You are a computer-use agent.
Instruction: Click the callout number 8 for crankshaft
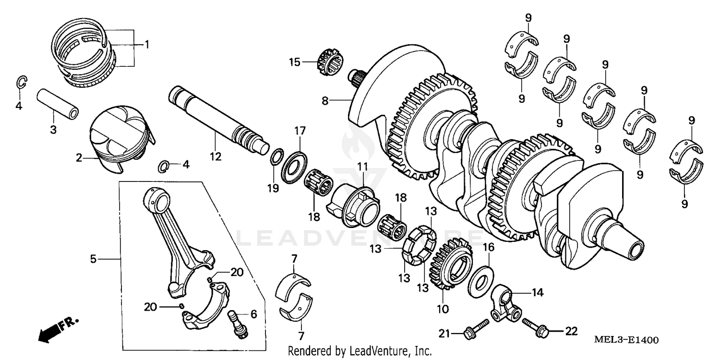pos(325,101)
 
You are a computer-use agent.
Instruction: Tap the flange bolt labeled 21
pos(468,332)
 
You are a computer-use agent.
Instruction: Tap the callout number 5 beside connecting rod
pos(93,259)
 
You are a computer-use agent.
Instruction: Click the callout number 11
pos(361,167)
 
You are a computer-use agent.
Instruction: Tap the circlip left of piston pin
pos(21,83)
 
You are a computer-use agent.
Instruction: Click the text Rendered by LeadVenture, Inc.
pos(360,351)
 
